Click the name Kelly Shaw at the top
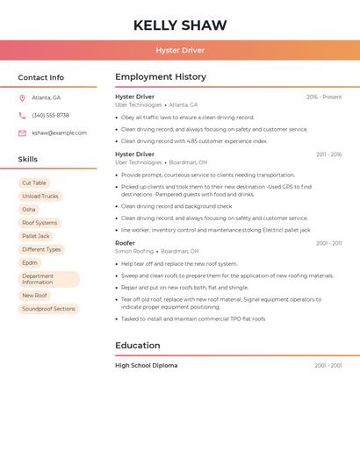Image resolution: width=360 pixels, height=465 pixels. (x=180, y=25)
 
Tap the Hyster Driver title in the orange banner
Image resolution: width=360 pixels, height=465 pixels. (x=180, y=50)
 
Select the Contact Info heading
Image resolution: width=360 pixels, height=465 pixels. (x=41, y=77)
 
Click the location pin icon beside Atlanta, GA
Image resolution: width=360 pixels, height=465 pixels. (x=22, y=98)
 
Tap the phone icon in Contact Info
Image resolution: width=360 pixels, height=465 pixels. (x=22, y=116)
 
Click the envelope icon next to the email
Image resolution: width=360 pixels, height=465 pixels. (x=22, y=133)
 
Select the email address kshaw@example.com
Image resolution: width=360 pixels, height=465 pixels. (x=59, y=133)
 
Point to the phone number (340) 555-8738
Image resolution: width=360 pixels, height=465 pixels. (x=50, y=116)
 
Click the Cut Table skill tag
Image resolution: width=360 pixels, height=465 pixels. (x=34, y=182)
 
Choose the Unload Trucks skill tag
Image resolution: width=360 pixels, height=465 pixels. (x=40, y=197)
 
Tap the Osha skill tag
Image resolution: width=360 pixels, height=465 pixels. (x=29, y=210)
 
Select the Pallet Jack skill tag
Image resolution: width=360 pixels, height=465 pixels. (x=36, y=236)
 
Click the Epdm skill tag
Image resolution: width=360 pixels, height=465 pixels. (x=30, y=262)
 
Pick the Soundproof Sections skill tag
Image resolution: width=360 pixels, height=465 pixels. (x=49, y=309)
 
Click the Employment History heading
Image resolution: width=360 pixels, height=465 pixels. (x=161, y=77)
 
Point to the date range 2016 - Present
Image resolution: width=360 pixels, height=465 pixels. (x=324, y=97)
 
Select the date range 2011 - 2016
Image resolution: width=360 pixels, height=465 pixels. (x=328, y=154)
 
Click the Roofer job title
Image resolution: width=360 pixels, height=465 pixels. (x=125, y=243)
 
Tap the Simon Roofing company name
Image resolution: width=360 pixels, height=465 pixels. (x=134, y=251)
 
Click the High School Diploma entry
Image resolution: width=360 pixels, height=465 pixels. (x=146, y=365)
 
